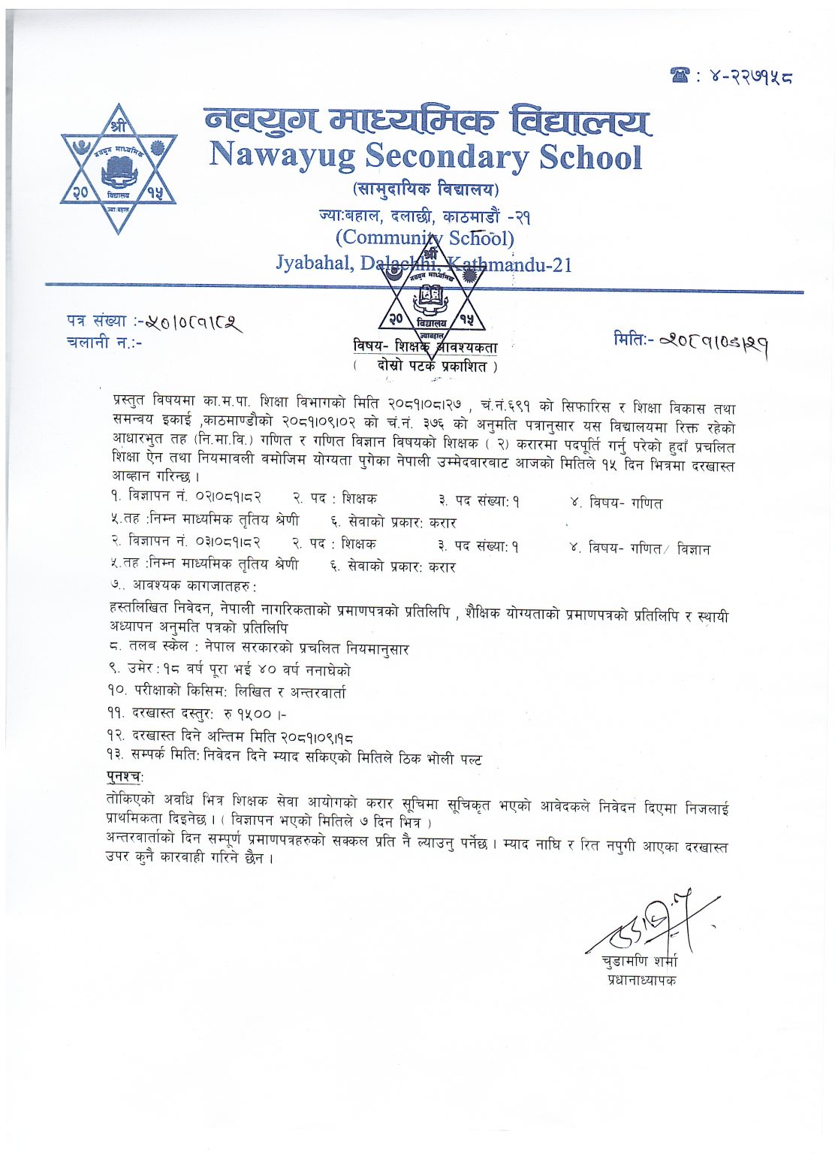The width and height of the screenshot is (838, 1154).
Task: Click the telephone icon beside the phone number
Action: tap(680, 75)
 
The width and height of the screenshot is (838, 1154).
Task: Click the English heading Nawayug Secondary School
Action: tap(426, 156)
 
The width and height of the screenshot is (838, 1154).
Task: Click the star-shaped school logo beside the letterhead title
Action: tap(119, 170)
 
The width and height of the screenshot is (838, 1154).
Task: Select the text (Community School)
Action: tap(425, 239)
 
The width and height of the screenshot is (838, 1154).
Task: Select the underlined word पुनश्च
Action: tap(124, 775)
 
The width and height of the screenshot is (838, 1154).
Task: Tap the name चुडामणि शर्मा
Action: tap(639, 961)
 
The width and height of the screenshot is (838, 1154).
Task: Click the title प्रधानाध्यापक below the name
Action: tap(641, 980)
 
